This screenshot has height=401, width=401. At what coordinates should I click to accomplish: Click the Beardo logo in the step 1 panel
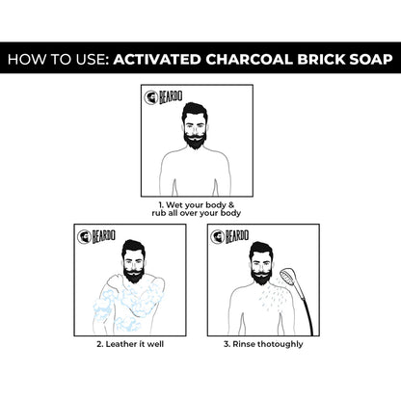(158, 100)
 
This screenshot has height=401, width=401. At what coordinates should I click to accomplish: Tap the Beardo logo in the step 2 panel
(92, 237)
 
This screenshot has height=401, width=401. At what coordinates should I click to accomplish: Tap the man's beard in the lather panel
(134, 274)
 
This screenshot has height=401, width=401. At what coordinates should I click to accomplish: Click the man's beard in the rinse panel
(260, 274)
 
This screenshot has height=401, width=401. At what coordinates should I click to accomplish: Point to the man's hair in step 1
(200, 108)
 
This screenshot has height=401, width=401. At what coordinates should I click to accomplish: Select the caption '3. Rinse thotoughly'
(262, 344)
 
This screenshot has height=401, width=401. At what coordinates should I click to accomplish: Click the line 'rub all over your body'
(201, 214)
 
